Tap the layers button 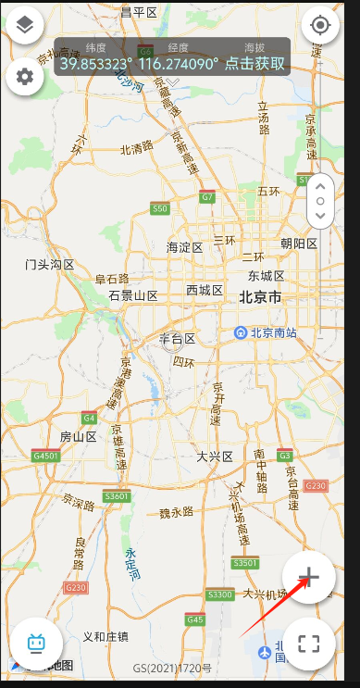(25, 26)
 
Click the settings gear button (25, 77)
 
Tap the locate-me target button (320, 26)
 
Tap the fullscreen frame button (308, 644)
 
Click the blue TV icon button (36, 644)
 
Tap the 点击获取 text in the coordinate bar (255, 64)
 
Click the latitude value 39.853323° (96, 64)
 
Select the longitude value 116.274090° (179, 64)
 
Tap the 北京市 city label (260, 297)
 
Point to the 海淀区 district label (184, 247)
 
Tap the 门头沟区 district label (50, 265)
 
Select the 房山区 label (78, 435)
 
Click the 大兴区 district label (215, 457)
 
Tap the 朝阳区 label (299, 244)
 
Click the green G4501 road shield (45, 456)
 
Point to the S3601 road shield (118, 496)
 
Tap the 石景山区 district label (133, 295)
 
